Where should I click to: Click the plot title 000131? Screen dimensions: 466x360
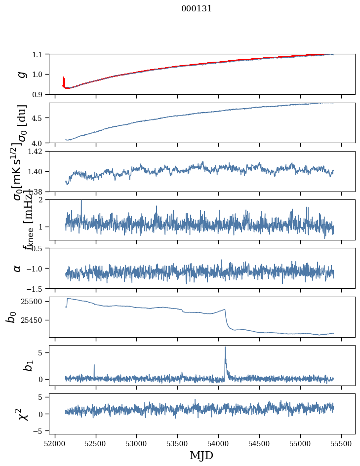[197, 8]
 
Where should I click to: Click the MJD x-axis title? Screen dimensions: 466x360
[201, 455]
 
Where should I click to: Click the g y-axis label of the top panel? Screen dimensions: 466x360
[21, 74]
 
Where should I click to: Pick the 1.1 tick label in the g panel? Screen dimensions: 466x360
[38, 54]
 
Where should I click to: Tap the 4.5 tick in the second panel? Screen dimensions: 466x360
[38, 118]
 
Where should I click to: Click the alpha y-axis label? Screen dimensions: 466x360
[17, 268]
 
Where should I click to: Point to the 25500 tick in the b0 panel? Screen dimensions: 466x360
[33, 301]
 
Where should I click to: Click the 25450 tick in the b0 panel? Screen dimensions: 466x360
[33, 320]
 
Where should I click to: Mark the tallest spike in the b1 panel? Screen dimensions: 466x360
[225, 348]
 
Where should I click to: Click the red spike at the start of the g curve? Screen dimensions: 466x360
[64, 80]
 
